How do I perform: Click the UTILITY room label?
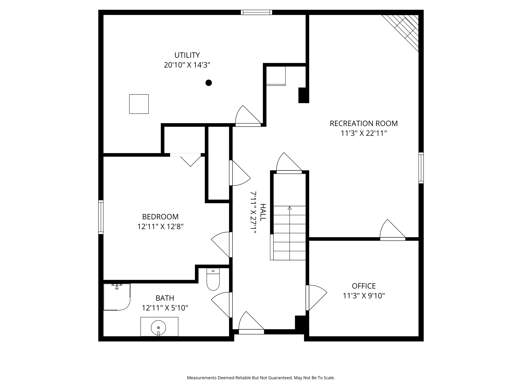click(x=187, y=55)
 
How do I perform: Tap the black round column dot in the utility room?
click(x=208, y=83)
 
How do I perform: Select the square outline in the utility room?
click(x=139, y=104)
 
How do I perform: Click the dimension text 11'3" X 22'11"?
click(x=364, y=133)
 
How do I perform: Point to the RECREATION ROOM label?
click(x=364, y=123)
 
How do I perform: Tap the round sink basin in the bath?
click(x=158, y=327)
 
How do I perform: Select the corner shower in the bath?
click(x=117, y=297)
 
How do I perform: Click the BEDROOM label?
click(x=160, y=217)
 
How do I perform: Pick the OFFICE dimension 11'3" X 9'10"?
click(x=364, y=296)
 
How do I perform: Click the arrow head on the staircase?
click(x=290, y=208)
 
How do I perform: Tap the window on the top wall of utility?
click(x=256, y=12)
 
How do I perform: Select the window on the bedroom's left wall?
click(x=101, y=217)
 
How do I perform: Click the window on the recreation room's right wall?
click(x=421, y=168)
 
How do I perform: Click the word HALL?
click(x=263, y=212)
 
